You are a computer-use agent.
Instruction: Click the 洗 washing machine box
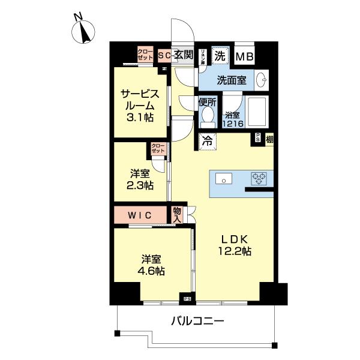[x=220, y=56]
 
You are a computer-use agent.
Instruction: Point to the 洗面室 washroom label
[x=230, y=80]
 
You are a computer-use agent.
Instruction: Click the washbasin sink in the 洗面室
[x=262, y=80]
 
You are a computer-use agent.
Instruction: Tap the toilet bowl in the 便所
[x=207, y=115]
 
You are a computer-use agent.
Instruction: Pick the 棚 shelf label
[x=269, y=139]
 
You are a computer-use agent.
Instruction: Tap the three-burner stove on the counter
[x=259, y=178]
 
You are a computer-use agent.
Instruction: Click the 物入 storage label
[x=177, y=215]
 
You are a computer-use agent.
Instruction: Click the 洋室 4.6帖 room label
[x=152, y=265]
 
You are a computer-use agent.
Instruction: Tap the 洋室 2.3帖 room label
[x=140, y=179]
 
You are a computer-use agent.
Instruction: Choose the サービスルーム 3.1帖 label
[x=139, y=106]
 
